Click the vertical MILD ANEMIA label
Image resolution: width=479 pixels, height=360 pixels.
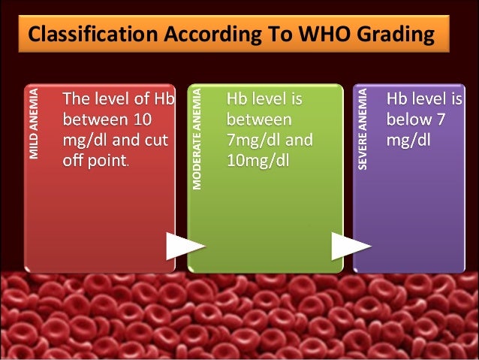(34, 125)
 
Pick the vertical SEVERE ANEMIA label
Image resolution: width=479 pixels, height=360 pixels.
(363, 129)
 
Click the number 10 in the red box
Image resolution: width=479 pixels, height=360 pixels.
(142, 119)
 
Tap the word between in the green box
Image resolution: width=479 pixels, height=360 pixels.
(260, 119)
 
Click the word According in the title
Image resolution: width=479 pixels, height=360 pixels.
(191, 35)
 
